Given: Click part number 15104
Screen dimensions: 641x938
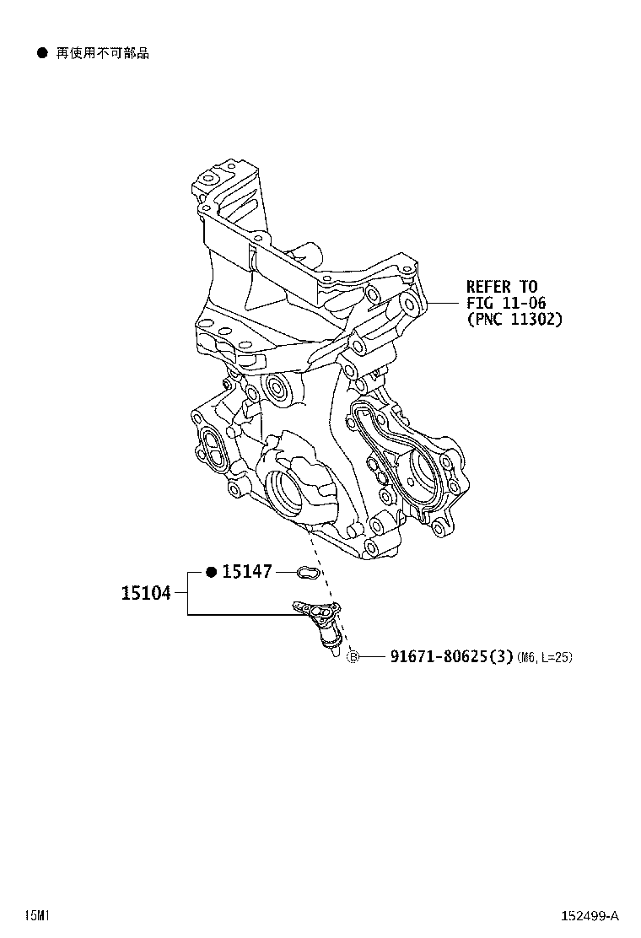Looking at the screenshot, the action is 147,593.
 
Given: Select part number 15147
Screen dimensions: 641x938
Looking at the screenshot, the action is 247,572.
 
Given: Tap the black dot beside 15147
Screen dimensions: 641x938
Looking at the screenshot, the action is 211,572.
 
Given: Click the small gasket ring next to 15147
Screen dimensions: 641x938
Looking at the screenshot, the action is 310,572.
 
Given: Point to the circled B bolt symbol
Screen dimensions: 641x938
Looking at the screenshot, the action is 353,657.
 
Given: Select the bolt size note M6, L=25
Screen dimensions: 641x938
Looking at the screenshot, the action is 545,657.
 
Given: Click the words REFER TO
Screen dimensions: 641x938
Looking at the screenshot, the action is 502,287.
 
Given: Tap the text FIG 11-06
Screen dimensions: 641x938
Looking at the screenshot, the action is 506,303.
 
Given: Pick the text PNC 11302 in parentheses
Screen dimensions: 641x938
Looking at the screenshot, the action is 514,319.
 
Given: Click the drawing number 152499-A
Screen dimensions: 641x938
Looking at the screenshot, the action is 590,916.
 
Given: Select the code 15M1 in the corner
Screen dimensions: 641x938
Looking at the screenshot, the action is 36,916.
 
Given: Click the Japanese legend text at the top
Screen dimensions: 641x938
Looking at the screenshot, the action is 102,53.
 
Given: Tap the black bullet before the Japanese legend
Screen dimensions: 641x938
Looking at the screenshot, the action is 42,53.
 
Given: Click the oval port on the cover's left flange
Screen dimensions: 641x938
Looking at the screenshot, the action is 211,445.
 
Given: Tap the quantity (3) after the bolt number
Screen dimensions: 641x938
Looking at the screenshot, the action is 504,657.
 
